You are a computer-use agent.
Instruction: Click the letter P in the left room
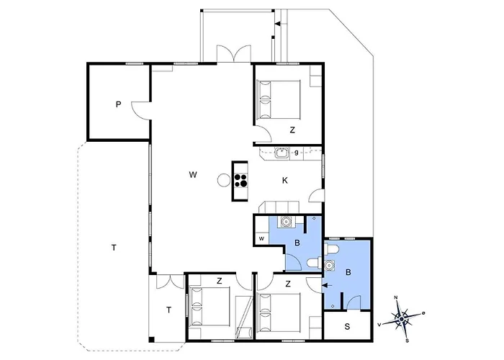coord(119,104)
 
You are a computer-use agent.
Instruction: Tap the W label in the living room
coord(193,175)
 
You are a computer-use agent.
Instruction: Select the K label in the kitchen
coord(285,181)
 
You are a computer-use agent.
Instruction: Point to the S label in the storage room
coord(347,327)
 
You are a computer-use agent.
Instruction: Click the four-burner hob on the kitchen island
coord(240,180)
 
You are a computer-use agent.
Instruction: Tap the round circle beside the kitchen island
coord(224,180)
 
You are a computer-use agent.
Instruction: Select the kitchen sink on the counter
coord(282,153)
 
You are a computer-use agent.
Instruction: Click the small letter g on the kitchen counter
coord(297,153)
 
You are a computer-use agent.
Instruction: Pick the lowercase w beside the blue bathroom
coord(261,238)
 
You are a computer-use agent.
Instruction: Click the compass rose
coord(402,318)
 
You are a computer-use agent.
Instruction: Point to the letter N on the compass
coord(396,297)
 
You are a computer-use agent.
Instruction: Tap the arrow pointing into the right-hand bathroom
coord(328,285)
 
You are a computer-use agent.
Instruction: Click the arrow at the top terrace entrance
coord(279,24)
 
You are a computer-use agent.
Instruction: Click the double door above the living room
coord(234,54)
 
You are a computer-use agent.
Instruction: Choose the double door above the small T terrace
coord(170,282)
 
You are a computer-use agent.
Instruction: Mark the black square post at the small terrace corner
coord(151,339)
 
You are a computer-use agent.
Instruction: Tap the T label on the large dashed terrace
coord(114,248)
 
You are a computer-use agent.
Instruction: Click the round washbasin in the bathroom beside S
coord(329,265)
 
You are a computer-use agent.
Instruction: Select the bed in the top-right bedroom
coord(279,99)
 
